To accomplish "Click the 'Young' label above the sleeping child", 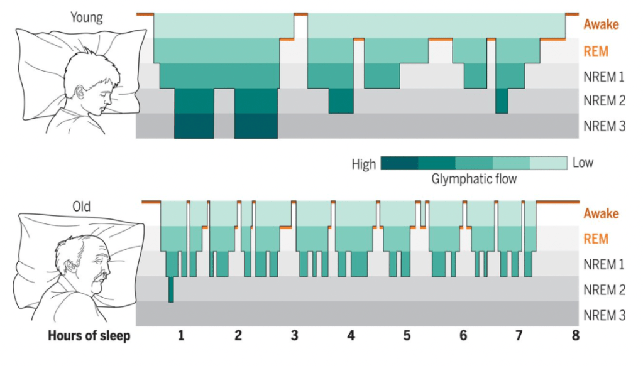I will pos(87,17).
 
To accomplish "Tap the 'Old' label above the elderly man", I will pos(81,206).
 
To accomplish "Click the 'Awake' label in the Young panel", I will pos(601,24).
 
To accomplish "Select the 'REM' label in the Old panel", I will pos(596,239).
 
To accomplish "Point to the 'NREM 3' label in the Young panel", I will pos(604,126).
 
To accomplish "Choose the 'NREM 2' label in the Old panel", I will pos(604,289).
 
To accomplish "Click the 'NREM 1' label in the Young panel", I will pos(604,77).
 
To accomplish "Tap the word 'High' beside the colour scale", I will pos(364,164).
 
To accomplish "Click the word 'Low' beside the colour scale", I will pos(583,163).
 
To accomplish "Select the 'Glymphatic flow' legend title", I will pos(474,180).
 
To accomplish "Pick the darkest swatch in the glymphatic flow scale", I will pos(399,163).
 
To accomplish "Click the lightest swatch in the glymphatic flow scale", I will pos(549,163).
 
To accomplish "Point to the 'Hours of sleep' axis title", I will pos(89,336).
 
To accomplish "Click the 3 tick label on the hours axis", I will pos(294,336).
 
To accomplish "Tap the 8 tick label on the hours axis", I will pos(575,336).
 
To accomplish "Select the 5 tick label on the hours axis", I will pos(407,336).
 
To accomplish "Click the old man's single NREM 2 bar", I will pos(170,289).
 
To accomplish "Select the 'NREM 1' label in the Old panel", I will pos(604,264).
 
